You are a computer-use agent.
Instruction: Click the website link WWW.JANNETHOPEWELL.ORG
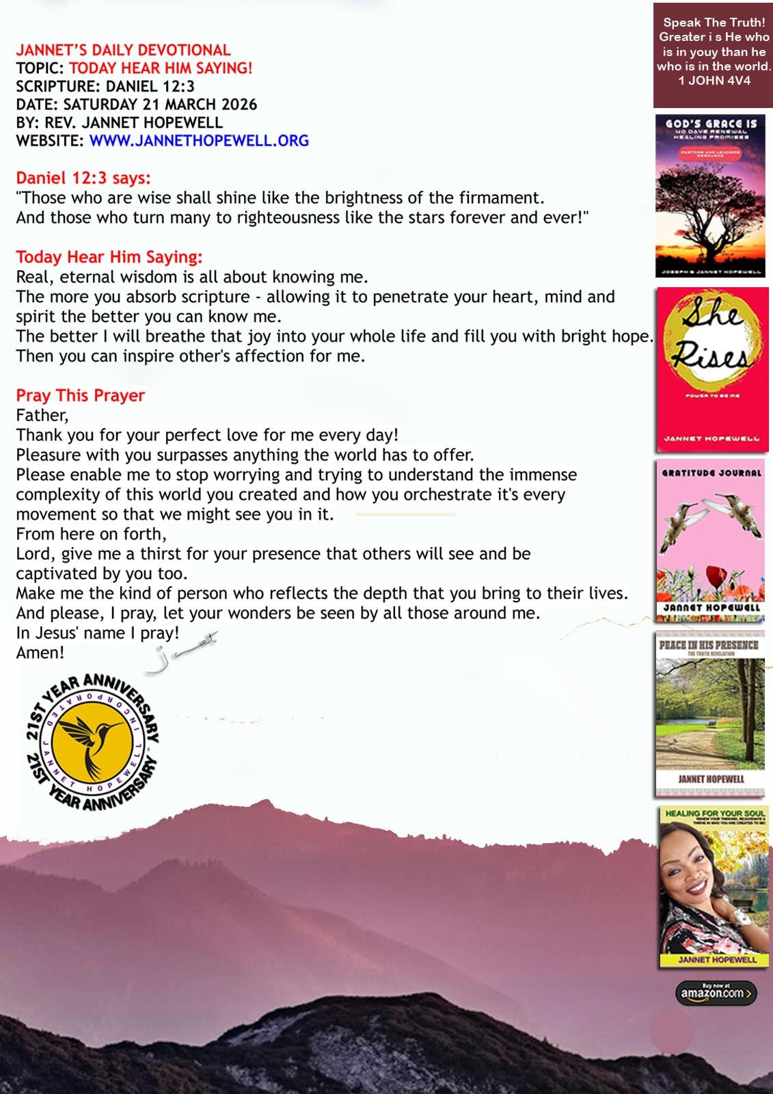coord(199,141)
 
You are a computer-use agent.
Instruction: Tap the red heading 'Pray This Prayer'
coord(81,395)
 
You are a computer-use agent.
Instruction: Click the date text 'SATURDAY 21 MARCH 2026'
coord(160,105)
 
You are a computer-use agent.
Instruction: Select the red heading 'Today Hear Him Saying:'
coord(109,257)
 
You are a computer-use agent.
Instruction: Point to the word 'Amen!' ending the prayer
coord(40,652)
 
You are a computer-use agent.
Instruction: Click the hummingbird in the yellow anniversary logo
coord(93,742)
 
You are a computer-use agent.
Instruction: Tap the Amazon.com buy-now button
coord(716,993)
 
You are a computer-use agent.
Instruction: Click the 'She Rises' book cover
coord(712,369)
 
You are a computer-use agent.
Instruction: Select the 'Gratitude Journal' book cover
coord(711,540)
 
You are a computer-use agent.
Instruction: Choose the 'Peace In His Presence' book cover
coord(710,715)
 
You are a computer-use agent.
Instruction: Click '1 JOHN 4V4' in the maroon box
coord(714,81)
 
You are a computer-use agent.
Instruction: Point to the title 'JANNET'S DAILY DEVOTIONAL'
coord(123,50)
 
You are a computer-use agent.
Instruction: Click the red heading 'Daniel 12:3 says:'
coord(83,178)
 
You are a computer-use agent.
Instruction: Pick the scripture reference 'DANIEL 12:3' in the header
coord(150,86)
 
